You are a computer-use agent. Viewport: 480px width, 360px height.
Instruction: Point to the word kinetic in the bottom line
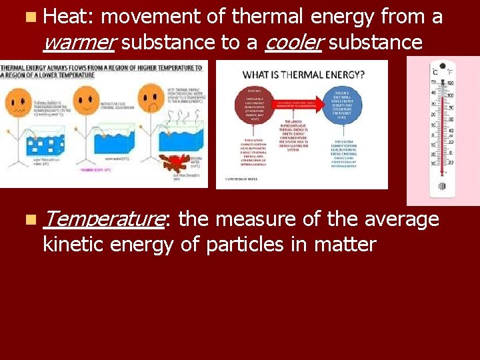[75, 245]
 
